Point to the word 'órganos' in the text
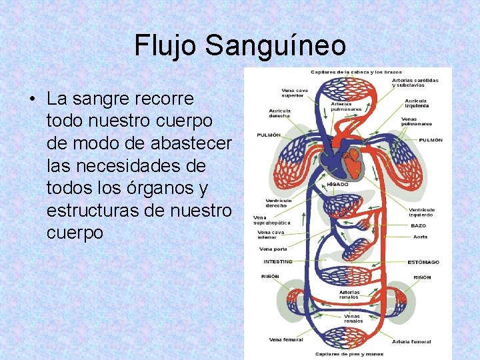pyautogui.click(x=159, y=189)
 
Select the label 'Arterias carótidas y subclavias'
pyautogui.click(x=415, y=82)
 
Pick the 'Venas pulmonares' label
pyautogui.click(x=417, y=121)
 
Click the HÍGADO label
pyautogui.click(x=337, y=184)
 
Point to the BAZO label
pyautogui.click(x=418, y=225)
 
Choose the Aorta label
pyautogui.click(x=420, y=236)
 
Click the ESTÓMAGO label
pyautogui.click(x=423, y=261)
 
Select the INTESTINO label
pyautogui.click(x=278, y=261)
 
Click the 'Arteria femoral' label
pyautogui.click(x=411, y=341)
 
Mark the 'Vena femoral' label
pyautogui.click(x=286, y=339)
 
